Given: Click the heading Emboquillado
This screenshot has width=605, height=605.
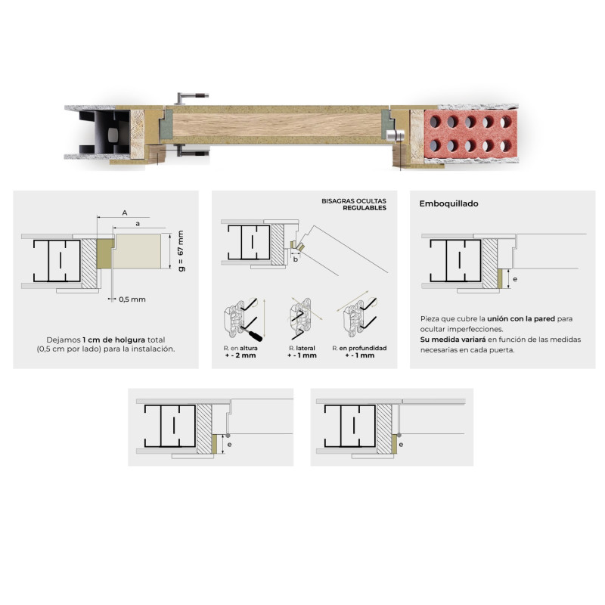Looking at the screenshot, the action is pyautogui.click(x=448, y=203).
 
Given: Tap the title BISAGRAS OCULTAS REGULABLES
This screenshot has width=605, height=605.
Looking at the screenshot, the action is pyautogui.click(x=354, y=204).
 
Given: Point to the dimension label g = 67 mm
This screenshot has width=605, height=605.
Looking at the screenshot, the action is pyautogui.click(x=181, y=251).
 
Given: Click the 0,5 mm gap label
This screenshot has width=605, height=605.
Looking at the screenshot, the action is pyautogui.click(x=132, y=299).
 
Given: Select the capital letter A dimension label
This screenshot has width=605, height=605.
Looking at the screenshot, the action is pyautogui.click(x=125, y=213).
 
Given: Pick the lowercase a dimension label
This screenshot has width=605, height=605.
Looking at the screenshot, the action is pyautogui.click(x=138, y=224).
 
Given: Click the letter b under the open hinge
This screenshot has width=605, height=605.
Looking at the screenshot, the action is pyautogui.click(x=296, y=259).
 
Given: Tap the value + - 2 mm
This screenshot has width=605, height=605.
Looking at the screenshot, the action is pyautogui.click(x=240, y=355).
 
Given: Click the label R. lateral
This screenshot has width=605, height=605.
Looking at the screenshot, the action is pyautogui.click(x=302, y=348).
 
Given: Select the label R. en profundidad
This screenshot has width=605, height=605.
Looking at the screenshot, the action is pyautogui.click(x=359, y=348).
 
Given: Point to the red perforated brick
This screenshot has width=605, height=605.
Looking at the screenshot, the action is pyautogui.click(x=470, y=134).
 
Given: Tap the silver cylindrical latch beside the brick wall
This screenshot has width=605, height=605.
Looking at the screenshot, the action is pyautogui.click(x=395, y=135).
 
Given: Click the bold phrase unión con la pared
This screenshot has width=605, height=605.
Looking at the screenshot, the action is pyautogui.click(x=521, y=318).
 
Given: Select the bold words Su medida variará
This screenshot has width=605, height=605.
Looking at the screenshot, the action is pyautogui.click(x=453, y=340).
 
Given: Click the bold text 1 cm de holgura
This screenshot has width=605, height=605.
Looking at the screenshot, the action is pyautogui.click(x=114, y=340).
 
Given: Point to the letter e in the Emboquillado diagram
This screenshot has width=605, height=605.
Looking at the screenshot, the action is pyautogui.click(x=515, y=279).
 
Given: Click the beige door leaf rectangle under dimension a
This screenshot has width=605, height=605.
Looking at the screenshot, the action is pyautogui.click(x=137, y=251).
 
